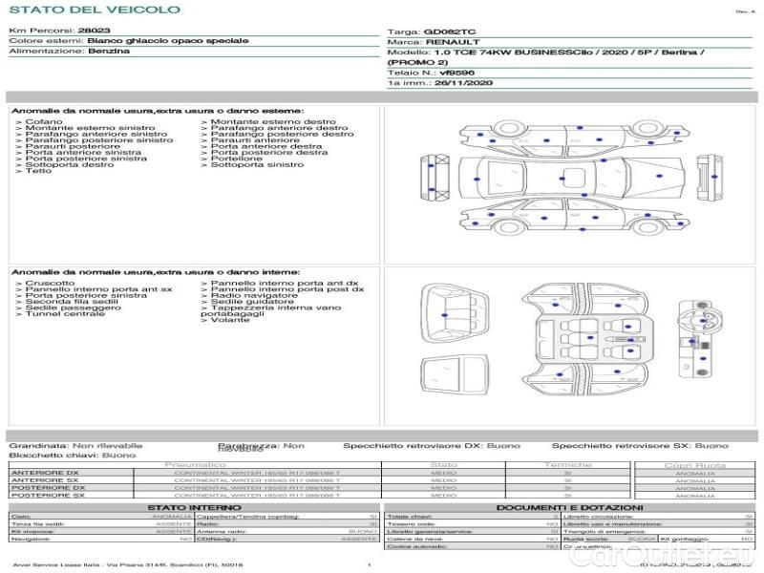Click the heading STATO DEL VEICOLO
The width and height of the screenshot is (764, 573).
95,11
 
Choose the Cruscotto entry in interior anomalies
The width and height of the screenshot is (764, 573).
49,284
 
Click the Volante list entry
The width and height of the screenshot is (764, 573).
230,320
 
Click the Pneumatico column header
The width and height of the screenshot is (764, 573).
196,465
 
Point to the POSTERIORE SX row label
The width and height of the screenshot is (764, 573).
47,495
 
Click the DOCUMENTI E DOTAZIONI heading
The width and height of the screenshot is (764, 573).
570,507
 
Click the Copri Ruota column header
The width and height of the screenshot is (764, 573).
694,465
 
